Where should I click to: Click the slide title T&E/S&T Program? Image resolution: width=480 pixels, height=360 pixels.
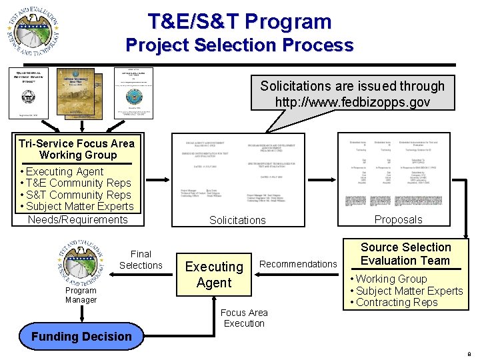pyautogui.click(x=239, y=21)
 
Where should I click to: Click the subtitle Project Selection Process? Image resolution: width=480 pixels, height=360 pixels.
pyautogui.click(x=239, y=45)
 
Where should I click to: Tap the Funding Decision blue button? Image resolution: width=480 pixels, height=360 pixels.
pyautogui.click(x=81, y=337)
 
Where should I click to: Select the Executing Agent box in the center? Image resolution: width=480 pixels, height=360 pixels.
pyautogui.click(x=214, y=275)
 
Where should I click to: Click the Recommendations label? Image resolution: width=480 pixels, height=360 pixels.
pyautogui.click(x=298, y=264)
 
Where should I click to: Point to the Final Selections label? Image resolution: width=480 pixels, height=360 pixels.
pyautogui.click(x=141, y=259)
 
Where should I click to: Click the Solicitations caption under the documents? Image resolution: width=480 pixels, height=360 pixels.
pyautogui.click(x=237, y=220)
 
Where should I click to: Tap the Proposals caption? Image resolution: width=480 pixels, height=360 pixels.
pyautogui.click(x=398, y=219)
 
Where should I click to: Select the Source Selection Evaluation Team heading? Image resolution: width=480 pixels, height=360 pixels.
pyautogui.click(x=405, y=254)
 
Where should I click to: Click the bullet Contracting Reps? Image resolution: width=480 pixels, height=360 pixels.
pyautogui.click(x=397, y=302)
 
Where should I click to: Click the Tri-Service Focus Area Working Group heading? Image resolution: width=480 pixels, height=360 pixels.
pyautogui.click(x=77, y=149)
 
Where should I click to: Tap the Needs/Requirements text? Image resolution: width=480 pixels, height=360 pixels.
pyautogui.click(x=77, y=219)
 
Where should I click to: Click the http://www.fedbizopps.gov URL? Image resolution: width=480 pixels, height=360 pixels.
pyautogui.click(x=353, y=103)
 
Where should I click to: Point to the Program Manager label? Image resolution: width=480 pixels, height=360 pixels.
pyautogui.click(x=81, y=295)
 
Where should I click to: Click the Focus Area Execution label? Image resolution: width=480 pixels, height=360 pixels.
pyautogui.click(x=244, y=318)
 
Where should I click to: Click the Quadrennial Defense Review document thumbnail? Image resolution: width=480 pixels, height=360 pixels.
pyautogui.click(x=29, y=92)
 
